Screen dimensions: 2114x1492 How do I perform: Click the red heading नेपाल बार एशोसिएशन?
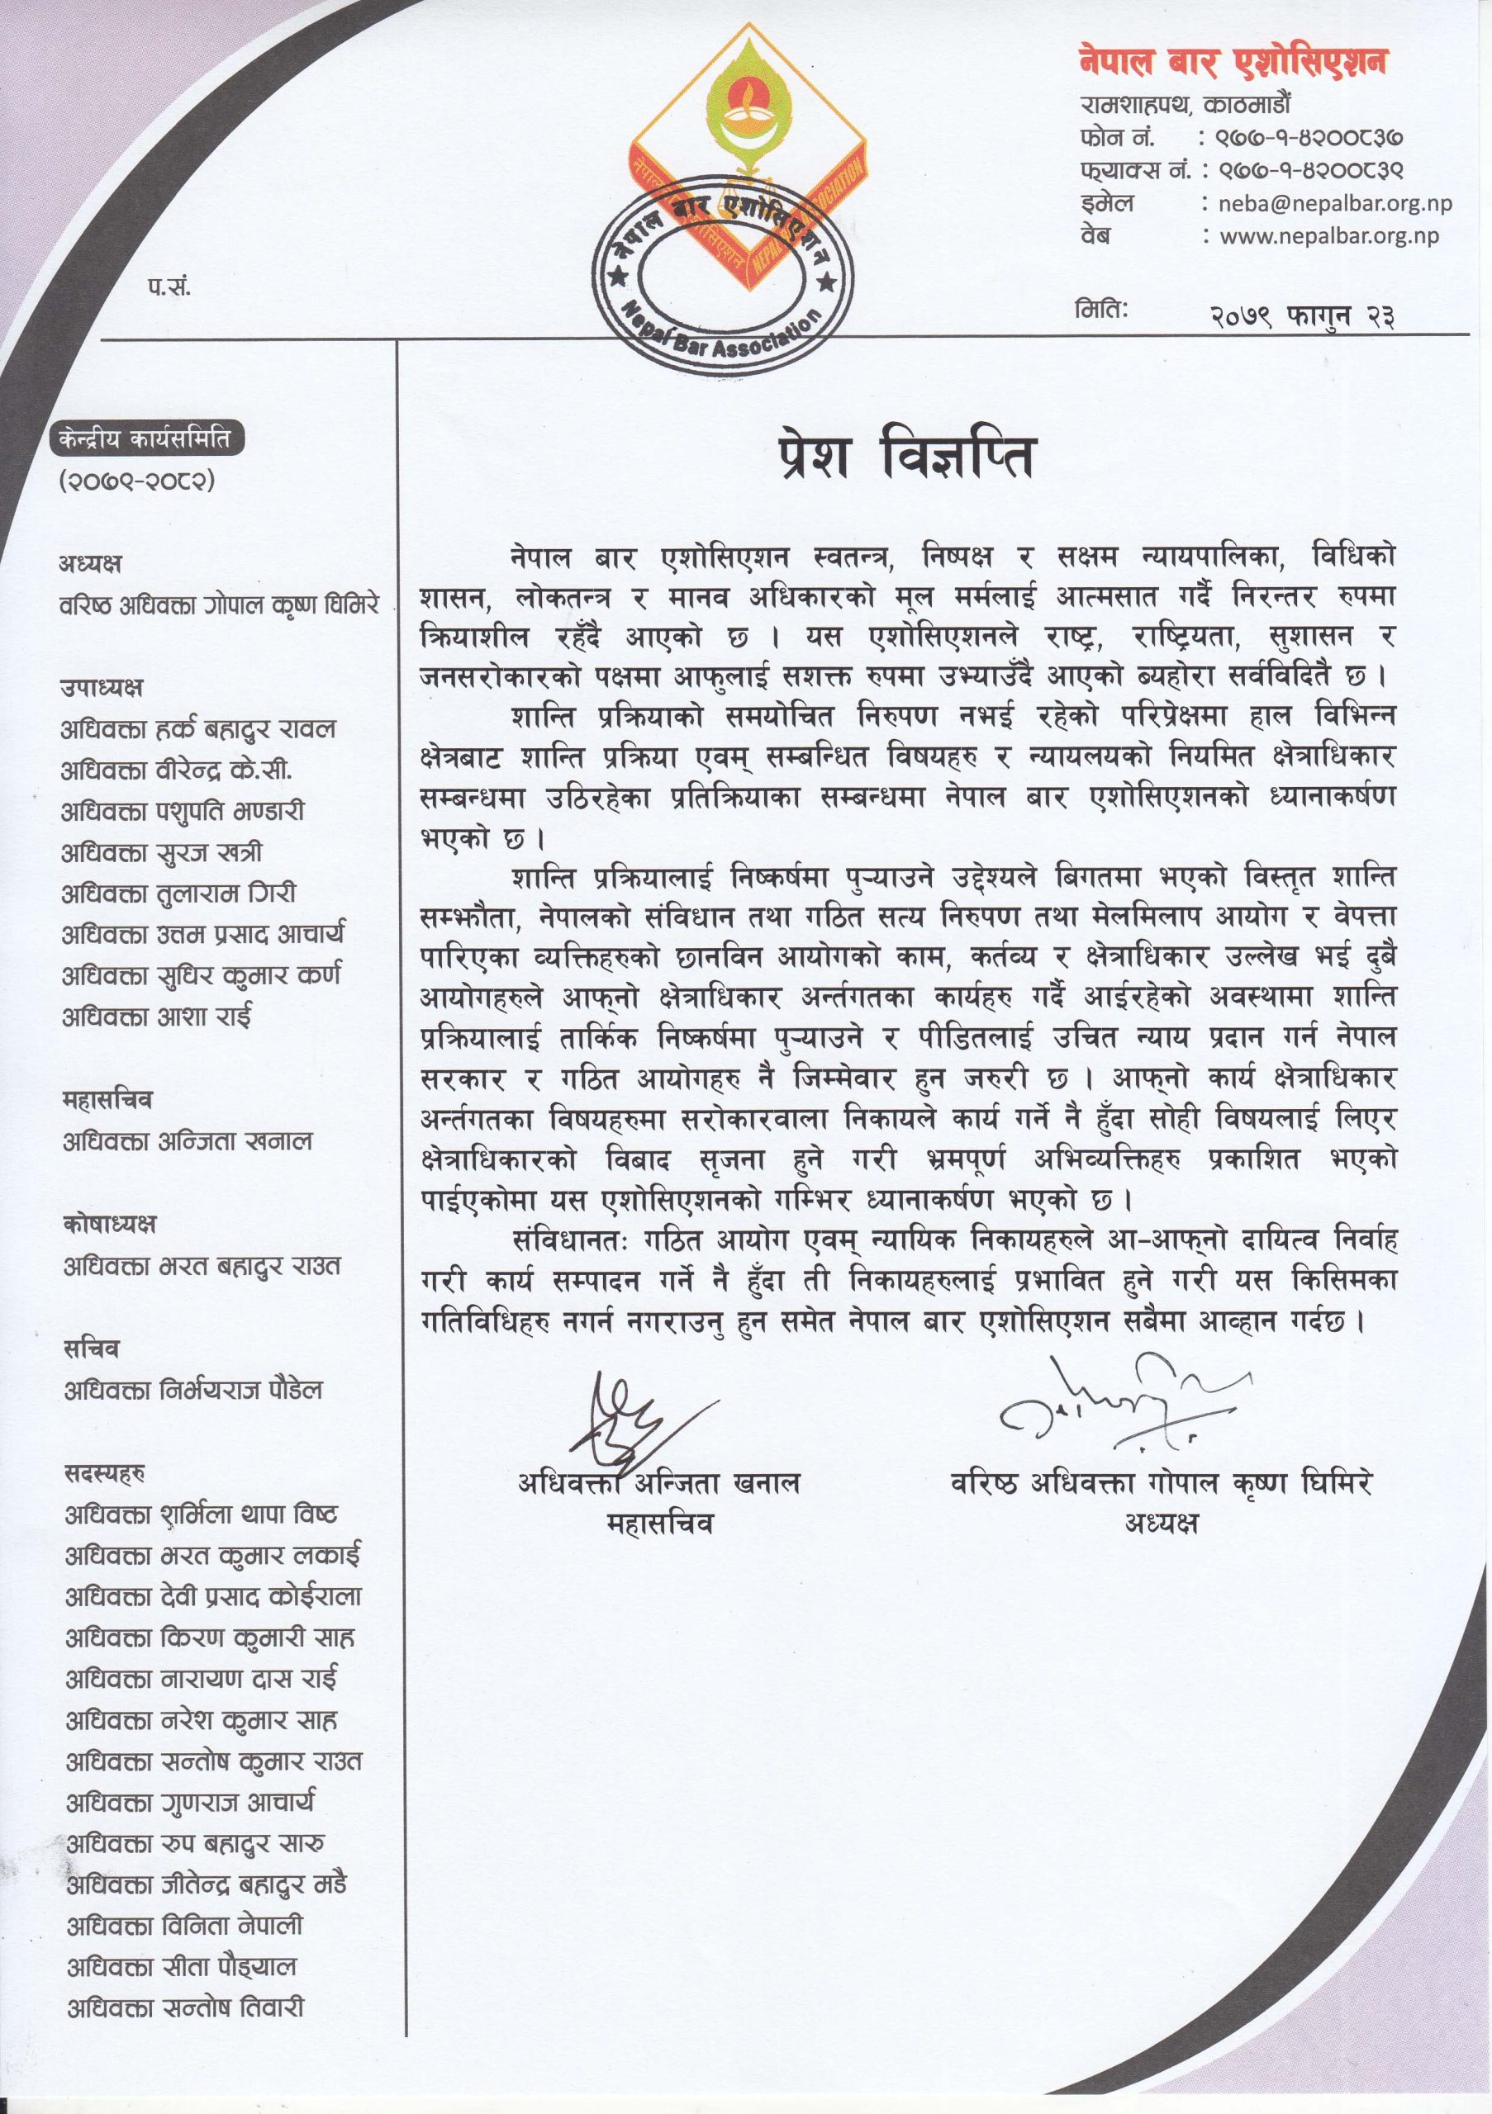1233,63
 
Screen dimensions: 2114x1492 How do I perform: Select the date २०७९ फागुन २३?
1302,315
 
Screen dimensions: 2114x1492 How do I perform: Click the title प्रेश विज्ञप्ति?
906,457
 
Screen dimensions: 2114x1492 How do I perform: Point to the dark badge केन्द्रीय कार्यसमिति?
147,441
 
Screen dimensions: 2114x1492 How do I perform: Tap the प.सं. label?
168,287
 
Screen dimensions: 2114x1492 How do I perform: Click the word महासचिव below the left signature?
659,1524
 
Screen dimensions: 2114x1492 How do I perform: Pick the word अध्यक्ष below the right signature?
1161,1524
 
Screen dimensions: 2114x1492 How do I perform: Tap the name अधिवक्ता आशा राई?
157,1017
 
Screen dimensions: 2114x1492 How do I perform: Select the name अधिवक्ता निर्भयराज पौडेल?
193,1390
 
